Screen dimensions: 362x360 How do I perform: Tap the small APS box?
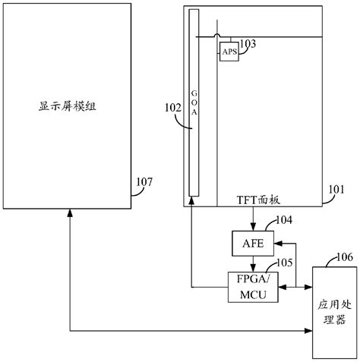pos(229,52)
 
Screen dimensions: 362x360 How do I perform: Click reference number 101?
pos(335,189)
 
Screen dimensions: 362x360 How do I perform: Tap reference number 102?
pos(172,108)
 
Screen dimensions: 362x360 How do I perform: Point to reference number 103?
pos(248,44)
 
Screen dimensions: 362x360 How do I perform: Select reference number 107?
pos(144,181)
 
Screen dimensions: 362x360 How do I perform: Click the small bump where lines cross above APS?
pos(217,35)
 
